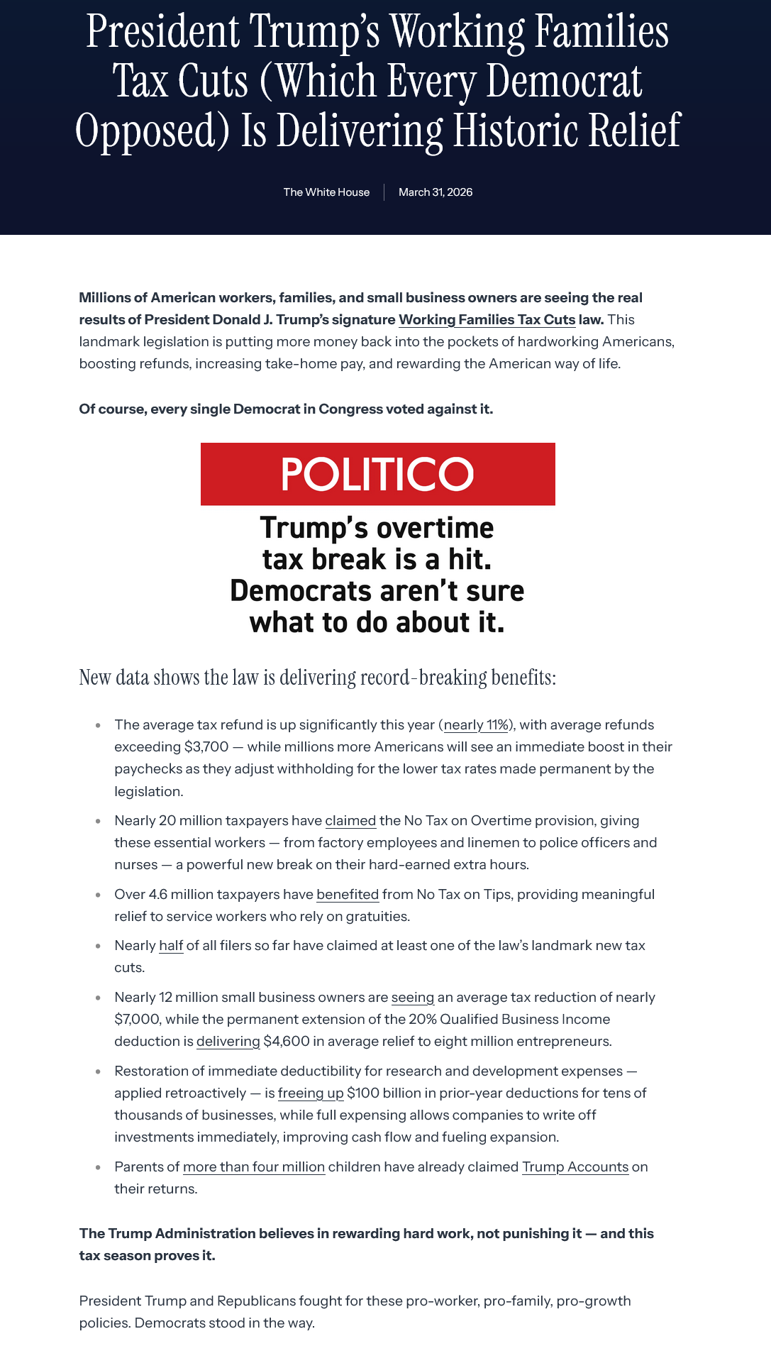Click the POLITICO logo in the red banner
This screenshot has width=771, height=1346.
pos(377,474)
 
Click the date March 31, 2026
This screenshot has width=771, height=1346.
pos(436,192)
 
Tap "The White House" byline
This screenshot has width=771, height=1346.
pos(326,192)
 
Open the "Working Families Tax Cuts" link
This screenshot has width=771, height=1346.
pos(487,319)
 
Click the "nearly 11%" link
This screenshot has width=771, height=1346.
pos(477,724)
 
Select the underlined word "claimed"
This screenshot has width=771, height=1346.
pos(350,820)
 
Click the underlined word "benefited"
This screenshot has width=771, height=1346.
pos(348,894)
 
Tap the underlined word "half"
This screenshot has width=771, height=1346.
pos(171,945)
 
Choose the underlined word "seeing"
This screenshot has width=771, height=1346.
pos(413,997)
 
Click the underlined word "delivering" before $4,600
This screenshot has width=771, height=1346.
pos(228,1041)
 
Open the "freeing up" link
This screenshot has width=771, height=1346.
pos(311,1093)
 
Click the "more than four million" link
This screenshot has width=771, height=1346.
pos(254,1166)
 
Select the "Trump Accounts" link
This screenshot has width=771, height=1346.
pos(575,1166)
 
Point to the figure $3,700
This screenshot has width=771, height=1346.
pos(206,746)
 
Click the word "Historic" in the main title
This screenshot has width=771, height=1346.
pos(515,131)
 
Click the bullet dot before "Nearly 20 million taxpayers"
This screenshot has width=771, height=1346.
pos(98,821)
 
